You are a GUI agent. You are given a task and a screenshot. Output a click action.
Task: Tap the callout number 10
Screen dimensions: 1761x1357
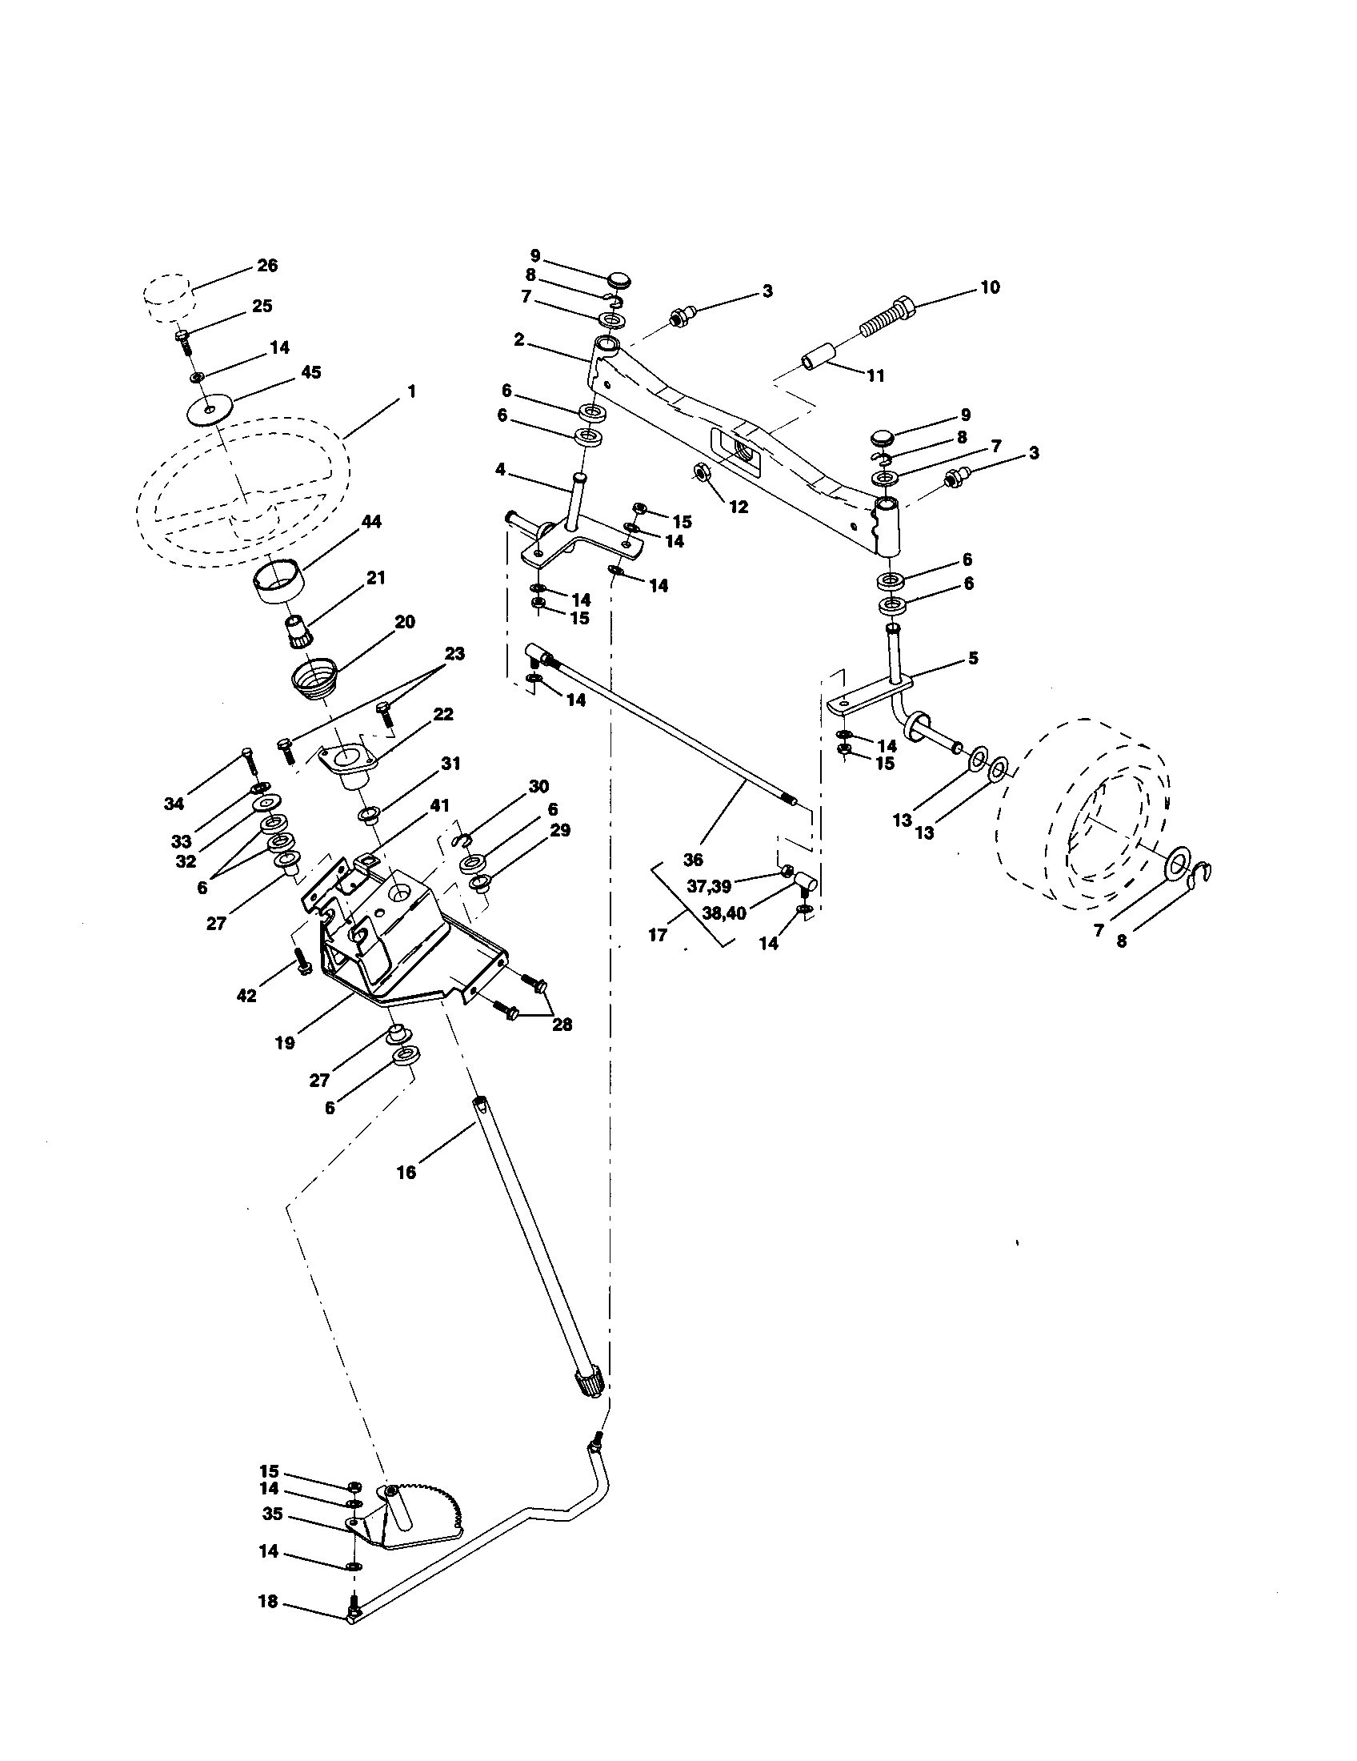[990, 287]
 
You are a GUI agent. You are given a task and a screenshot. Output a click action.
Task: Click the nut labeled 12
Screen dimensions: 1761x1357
[702, 472]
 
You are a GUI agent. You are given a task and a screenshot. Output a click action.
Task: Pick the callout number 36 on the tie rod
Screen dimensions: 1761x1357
[693, 859]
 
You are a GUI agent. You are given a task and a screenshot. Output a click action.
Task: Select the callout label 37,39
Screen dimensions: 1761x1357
[708, 886]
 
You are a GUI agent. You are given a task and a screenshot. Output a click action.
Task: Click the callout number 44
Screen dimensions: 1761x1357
[371, 522]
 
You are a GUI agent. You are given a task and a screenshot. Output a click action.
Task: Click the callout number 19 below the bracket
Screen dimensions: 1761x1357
[285, 1042]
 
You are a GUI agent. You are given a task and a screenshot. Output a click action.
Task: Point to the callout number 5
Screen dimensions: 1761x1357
[973, 658]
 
